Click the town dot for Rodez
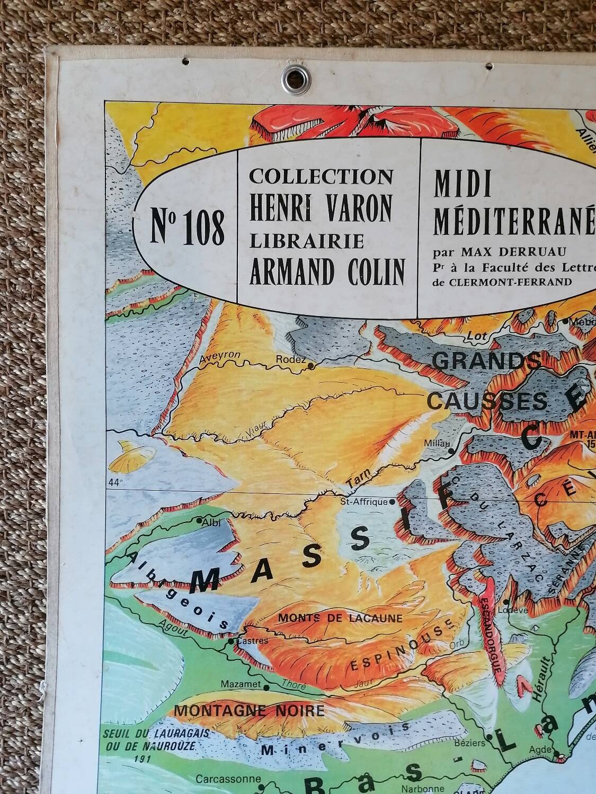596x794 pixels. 311,365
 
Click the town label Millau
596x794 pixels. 437,444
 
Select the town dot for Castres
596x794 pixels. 231,642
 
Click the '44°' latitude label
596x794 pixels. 115,482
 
